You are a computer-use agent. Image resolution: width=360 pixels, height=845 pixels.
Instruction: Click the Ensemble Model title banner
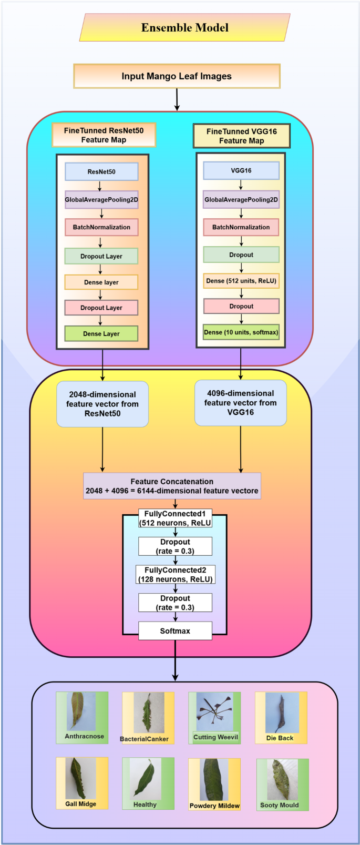point(184,28)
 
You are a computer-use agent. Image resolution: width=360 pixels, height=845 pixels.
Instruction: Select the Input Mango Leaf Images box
point(177,76)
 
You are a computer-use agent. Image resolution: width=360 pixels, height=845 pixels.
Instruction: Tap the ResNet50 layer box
point(101,172)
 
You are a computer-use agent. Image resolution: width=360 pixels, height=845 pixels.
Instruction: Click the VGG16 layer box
point(241,171)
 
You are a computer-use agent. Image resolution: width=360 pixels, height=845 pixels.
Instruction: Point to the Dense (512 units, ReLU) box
point(241,281)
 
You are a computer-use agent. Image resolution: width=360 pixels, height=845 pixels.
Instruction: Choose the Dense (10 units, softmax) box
point(241,332)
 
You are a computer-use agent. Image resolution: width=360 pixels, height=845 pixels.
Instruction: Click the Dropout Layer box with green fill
point(101,256)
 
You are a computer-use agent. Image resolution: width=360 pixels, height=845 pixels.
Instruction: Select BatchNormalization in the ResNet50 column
point(101,227)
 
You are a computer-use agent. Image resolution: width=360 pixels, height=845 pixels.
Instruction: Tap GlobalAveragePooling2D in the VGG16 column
point(241,200)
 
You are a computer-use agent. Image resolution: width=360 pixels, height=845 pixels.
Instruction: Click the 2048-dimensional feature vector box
point(102,404)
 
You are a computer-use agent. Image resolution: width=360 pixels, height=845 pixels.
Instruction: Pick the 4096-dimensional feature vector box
point(240,403)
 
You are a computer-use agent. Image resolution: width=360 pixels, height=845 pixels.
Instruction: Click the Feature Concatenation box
point(172,486)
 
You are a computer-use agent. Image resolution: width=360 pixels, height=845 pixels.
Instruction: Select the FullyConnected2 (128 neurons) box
point(175,575)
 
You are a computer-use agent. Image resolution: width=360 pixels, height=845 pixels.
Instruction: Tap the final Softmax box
point(175,631)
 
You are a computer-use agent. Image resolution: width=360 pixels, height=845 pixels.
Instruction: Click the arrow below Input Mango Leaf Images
point(177,99)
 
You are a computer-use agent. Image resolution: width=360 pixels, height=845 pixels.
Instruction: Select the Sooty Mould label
point(280,805)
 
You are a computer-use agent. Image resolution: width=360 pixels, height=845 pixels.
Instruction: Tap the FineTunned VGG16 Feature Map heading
point(241,136)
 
